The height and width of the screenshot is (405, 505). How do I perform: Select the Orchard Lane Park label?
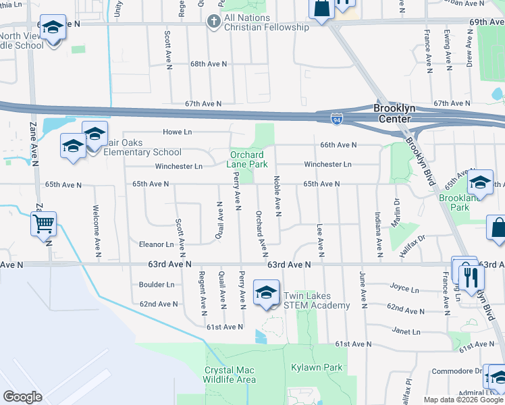(249, 159)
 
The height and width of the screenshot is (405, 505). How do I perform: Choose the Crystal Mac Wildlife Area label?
(230, 375)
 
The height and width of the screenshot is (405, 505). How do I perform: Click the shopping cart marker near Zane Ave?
(44, 224)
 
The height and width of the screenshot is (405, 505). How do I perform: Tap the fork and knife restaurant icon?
(471, 276)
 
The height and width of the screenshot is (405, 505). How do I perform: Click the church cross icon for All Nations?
(213, 22)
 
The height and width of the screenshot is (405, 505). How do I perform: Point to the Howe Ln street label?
(178, 132)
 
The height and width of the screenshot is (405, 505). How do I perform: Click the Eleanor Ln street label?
(157, 244)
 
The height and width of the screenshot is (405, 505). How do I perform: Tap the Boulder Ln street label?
(157, 285)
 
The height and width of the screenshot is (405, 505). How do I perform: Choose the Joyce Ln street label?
(404, 289)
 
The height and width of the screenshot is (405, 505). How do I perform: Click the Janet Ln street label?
(406, 331)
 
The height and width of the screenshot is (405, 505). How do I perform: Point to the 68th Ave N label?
(207, 63)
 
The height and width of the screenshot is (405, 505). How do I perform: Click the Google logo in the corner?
(23, 397)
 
